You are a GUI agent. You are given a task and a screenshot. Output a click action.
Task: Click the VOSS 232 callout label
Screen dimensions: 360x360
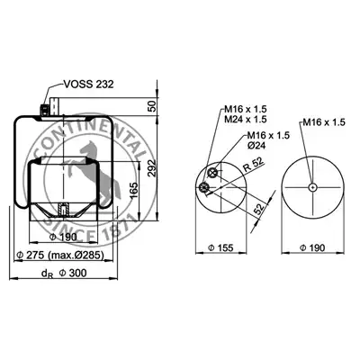click(89, 85)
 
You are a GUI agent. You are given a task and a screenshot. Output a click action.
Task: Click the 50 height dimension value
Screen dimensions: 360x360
click(153, 106)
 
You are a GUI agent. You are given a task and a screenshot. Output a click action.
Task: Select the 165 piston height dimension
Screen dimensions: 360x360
click(134, 190)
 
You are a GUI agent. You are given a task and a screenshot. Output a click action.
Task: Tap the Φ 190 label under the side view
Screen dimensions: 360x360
click(63, 237)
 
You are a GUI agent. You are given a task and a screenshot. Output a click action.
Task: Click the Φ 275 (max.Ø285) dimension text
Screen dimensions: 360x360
click(60, 255)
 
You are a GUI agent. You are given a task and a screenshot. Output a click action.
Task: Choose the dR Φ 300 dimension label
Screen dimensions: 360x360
click(64, 274)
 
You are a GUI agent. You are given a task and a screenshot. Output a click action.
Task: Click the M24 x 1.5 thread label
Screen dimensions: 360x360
click(246, 119)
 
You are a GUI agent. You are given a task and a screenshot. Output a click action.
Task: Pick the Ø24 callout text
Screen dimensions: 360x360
click(255, 146)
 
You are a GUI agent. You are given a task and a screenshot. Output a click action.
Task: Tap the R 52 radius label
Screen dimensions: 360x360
click(253, 164)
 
